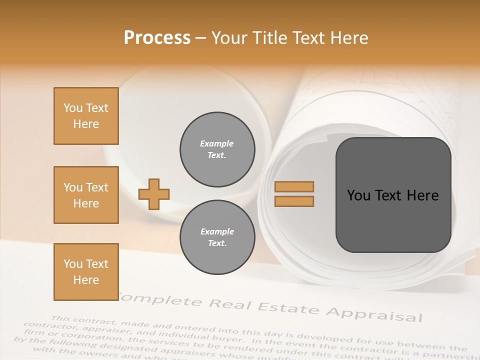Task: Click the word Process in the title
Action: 157,38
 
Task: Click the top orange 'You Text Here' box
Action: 86,116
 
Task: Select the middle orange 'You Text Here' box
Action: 86,195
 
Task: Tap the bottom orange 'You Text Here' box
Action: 86,272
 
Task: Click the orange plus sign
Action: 154,194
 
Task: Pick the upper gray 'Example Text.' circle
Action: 217,149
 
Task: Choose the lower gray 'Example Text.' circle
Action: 217,237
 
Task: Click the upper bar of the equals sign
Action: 294,186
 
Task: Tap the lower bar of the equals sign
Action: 294,201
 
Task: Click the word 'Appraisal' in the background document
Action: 374,313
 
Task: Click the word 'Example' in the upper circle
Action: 217,143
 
